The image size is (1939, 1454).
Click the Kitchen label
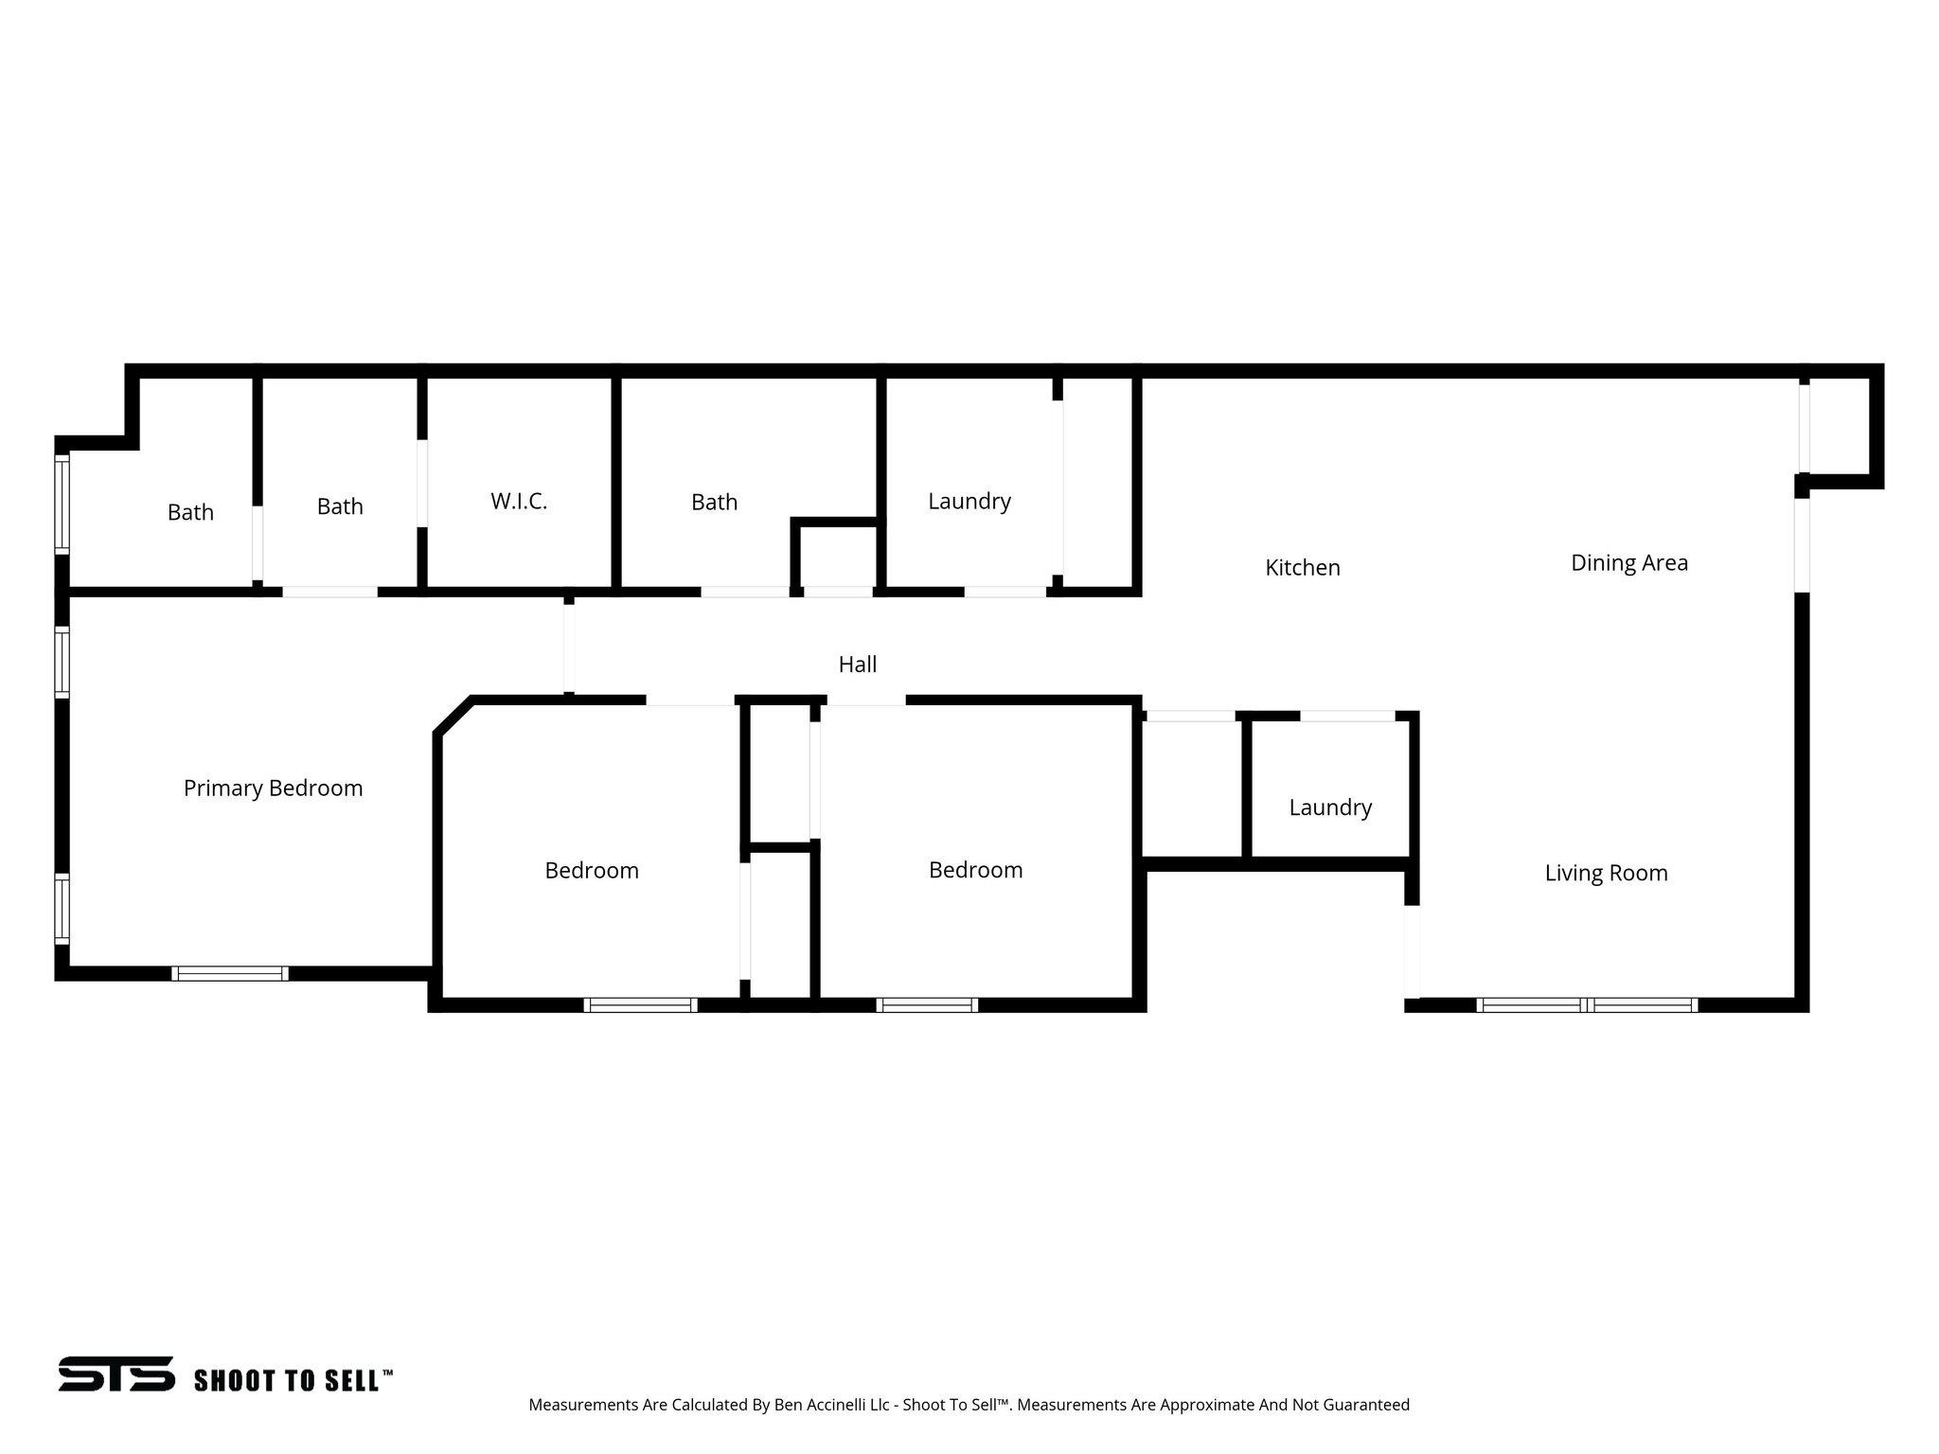coord(1303,568)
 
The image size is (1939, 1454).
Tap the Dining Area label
coord(1629,563)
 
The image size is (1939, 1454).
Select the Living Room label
coord(1606,873)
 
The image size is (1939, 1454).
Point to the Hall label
coord(858,665)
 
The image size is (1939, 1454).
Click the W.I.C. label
coord(519,502)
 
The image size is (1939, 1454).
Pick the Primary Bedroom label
coord(273,789)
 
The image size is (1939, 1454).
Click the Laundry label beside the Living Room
coord(1330,807)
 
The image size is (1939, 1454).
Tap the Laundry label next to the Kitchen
coord(969,502)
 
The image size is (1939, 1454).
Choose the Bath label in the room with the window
coord(190,512)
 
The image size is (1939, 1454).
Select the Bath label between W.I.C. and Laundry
coord(714,503)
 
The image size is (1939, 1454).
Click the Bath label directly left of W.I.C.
coord(340,507)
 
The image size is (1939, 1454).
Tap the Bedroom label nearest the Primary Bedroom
coord(592,871)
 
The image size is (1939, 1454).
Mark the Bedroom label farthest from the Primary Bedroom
coord(975,870)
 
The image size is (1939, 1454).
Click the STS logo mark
coord(116,1374)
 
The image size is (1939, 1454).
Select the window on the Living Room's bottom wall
coord(1587,1005)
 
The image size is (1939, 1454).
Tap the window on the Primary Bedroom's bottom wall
coord(230,973)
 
